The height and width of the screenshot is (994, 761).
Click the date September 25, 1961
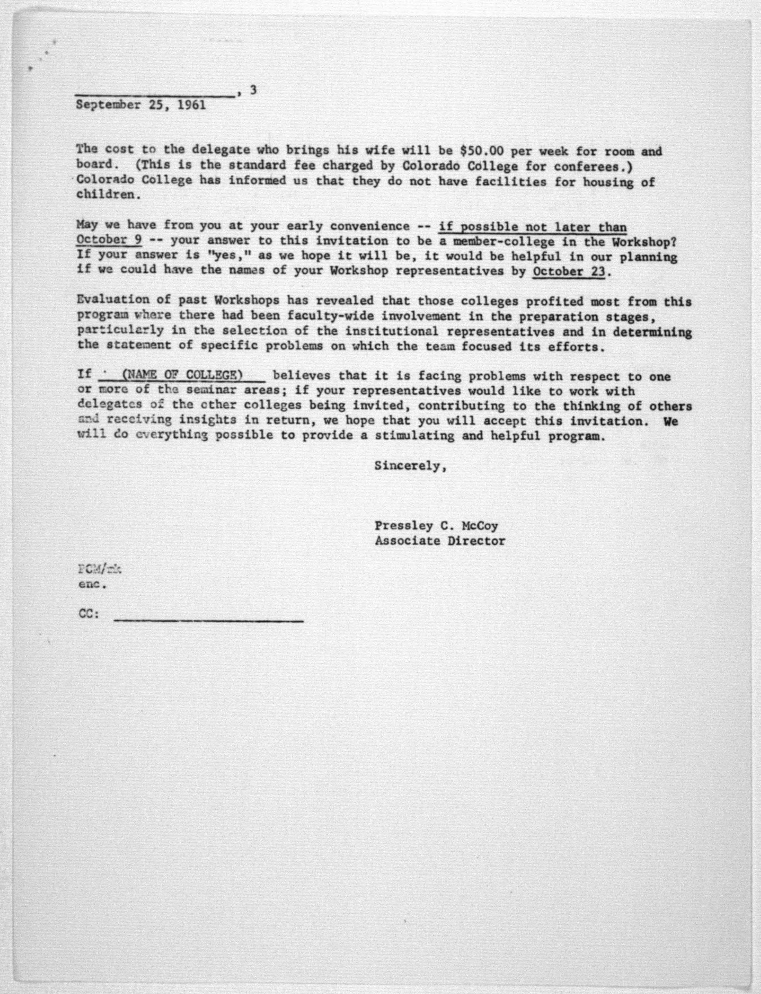(140, 105)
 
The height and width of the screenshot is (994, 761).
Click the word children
(105, 195)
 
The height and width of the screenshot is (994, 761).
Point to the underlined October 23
(569, 271)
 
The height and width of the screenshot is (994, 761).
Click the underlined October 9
(109, 240)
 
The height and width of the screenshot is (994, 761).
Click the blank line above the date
(155, 95)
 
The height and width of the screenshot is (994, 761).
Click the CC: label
(89, 614)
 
